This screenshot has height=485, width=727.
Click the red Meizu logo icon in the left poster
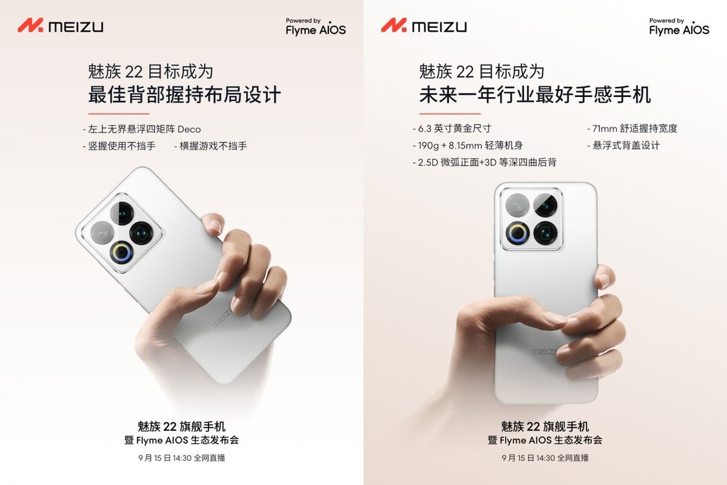(x=30, y=25)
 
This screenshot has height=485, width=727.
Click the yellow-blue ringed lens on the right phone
(x=517, y=233)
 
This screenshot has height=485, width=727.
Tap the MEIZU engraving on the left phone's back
(x=222, y=318)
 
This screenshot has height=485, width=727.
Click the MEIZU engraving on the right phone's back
(x=544, y=352)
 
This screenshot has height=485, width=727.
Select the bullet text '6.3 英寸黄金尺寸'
(x=452, y=129)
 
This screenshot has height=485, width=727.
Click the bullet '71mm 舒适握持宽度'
(x=632, y=129)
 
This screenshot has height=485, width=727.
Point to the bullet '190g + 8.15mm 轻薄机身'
(x=468, y=145)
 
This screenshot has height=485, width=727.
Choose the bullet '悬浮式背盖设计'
(x=623, y=145)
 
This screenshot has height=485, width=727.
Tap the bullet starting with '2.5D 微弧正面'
(x=485, y=162)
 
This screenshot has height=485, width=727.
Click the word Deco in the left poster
(x=189, y=129)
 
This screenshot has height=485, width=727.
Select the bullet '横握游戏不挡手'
(x=211, y=146)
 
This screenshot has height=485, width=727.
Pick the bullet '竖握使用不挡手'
(x=119, y=146)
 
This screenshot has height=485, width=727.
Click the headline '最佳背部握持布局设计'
(x=184, y=95)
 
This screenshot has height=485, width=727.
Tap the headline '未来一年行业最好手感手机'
(x=535, y=95)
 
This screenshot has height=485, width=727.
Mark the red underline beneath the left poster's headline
(x=119, y=114)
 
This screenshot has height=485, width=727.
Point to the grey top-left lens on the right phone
(x=517, y=206)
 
